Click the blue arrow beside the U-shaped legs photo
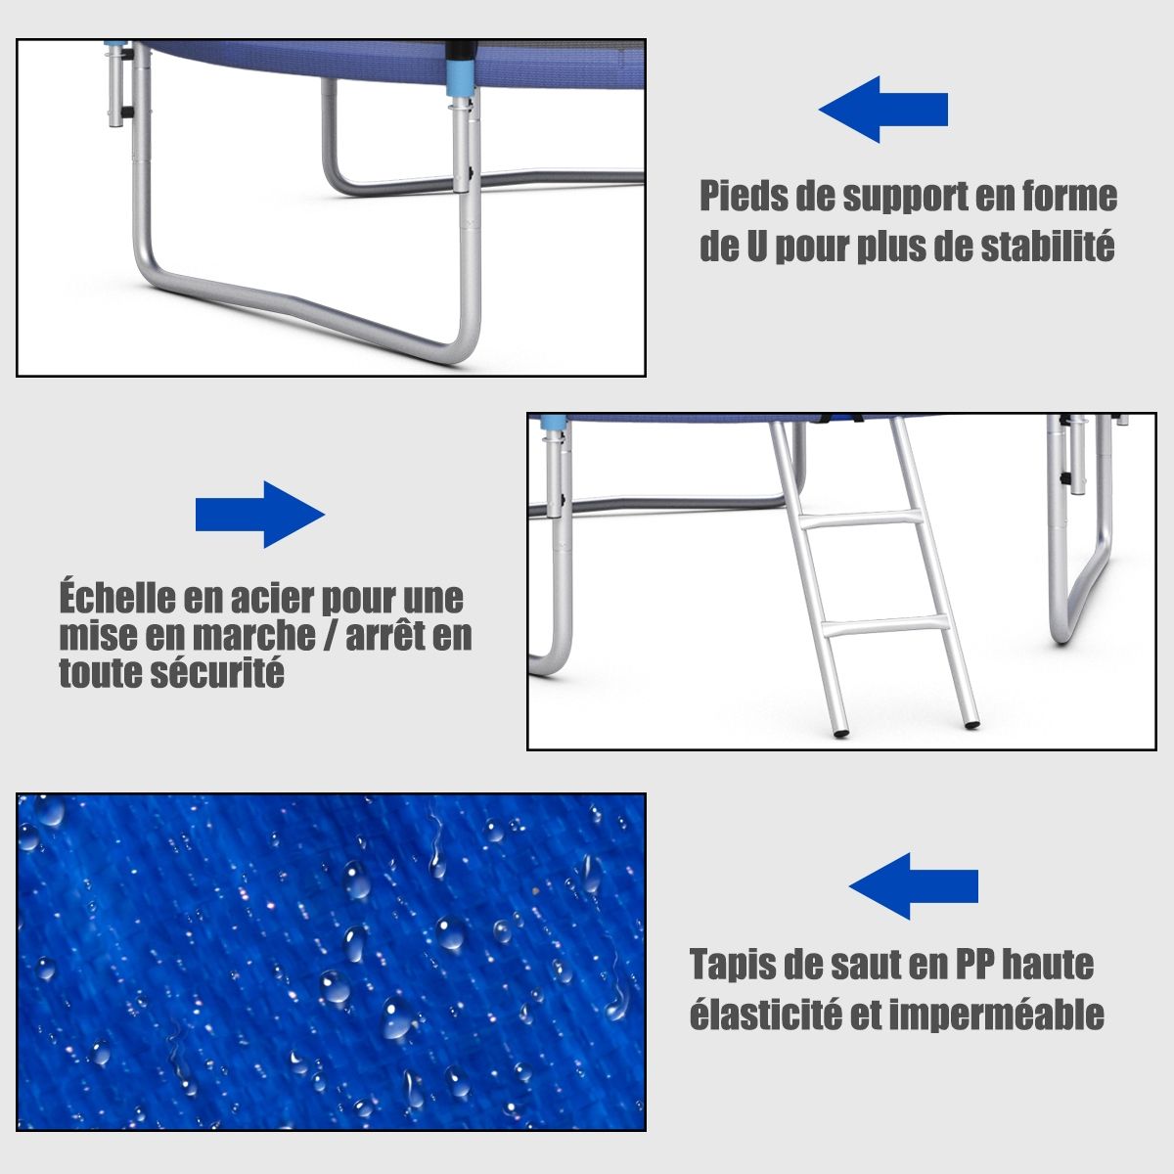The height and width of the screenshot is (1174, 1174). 882,110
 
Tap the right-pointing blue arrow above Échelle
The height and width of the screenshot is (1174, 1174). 260,515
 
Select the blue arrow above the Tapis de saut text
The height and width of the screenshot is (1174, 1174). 913,885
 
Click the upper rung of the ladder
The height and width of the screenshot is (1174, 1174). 861,520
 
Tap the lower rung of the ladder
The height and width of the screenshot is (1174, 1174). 884,627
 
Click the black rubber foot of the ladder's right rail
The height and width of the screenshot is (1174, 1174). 972,725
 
